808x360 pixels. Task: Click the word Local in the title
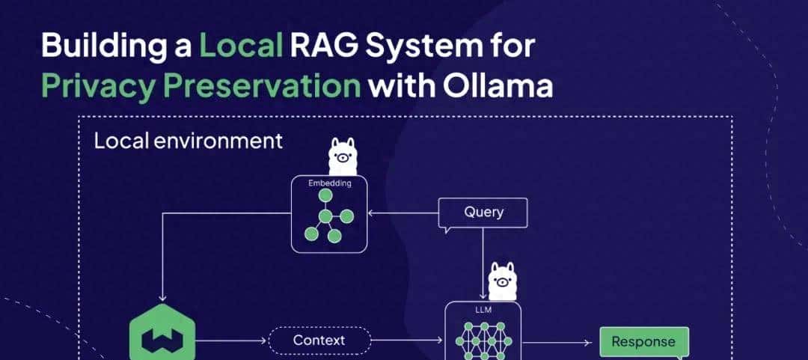[x=240, y=46]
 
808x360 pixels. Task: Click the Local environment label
[x=188, y=141]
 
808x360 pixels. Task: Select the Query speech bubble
[x=483, y=213]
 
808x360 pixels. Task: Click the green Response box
[x=643, y=342]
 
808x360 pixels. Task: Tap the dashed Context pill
[x=319, y=341]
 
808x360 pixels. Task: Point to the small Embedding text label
[x=330, y=183]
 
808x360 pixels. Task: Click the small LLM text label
[x=482, y=308]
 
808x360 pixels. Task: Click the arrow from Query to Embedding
[x=404, y=213]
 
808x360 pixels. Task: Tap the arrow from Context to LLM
[x=408, y=341]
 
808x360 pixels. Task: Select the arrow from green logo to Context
[x=232, y=341]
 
